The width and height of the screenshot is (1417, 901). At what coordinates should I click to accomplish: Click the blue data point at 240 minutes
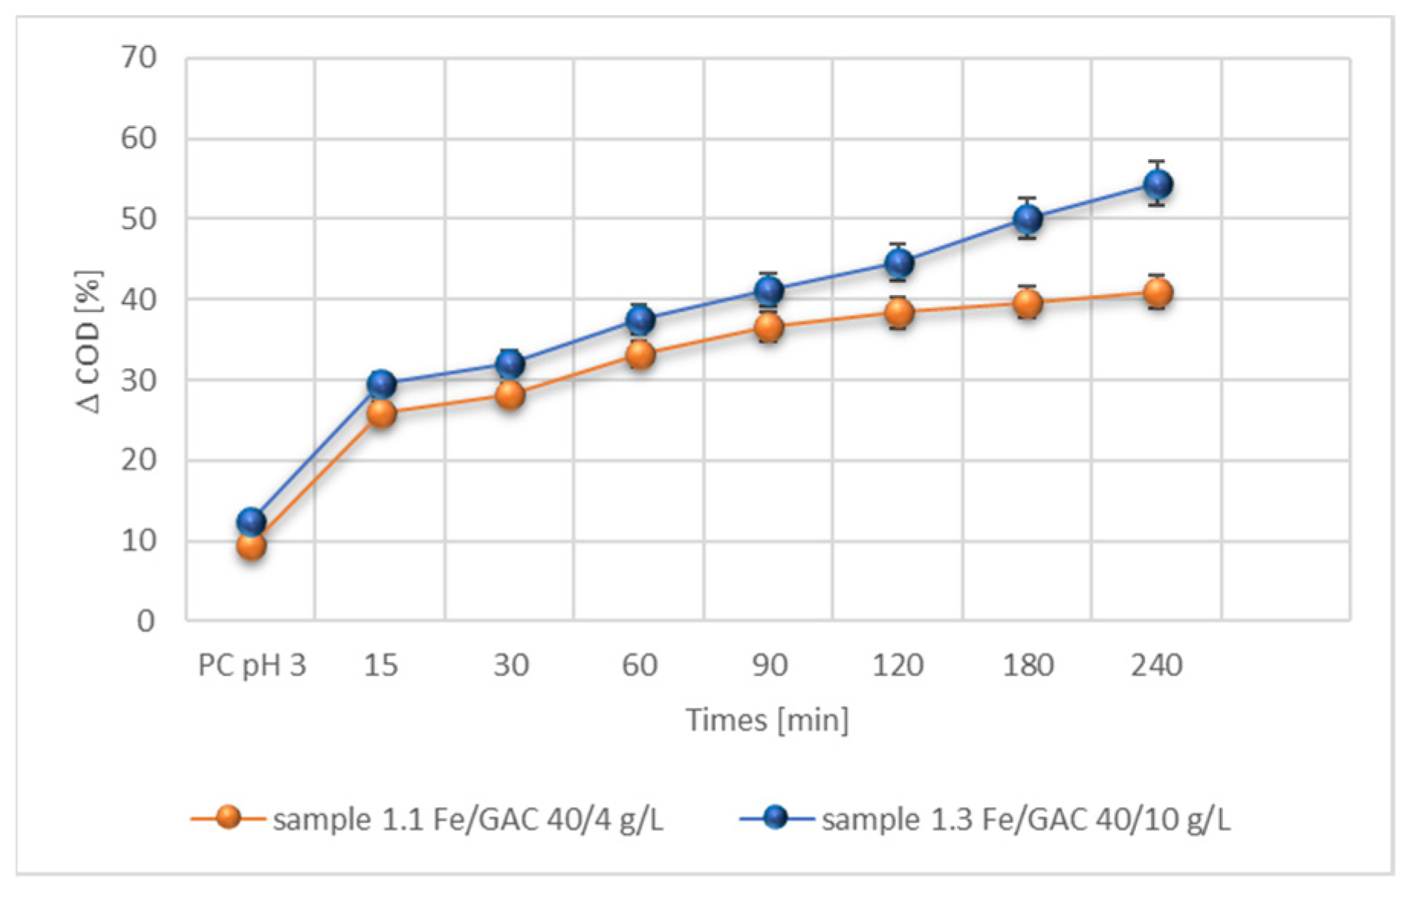[1157, 183]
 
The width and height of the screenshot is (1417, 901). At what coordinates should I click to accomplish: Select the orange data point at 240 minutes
[1157, 292]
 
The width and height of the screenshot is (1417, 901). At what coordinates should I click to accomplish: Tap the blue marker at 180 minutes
[1027, 219]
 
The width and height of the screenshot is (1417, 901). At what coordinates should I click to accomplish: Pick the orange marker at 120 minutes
[899, 312]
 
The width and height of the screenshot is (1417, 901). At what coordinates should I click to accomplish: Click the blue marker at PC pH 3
[251, 522]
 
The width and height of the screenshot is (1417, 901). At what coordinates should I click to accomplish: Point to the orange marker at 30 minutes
[510, 394]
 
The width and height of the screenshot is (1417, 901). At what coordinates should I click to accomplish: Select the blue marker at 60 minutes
[640, 319]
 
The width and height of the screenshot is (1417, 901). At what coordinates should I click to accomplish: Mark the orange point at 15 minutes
[381, 413]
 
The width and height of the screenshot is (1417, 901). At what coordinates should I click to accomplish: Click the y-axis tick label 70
[139, 57]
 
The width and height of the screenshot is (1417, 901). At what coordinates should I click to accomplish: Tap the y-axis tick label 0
[145, 621]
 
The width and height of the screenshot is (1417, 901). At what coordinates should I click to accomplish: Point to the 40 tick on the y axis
[139, 300]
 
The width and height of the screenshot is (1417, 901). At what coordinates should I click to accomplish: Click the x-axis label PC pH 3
[251, 666]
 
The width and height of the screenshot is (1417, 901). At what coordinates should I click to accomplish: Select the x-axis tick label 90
[769, 666]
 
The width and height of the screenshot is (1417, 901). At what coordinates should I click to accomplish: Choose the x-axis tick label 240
[1157, 666]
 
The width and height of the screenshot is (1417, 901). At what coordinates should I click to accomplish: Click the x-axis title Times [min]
[767, 720]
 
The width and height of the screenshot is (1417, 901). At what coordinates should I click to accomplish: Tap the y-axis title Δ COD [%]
[89, 342]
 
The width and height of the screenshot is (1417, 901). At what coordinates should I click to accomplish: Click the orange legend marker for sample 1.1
[228, 818]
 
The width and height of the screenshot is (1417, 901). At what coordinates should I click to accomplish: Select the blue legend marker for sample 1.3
[776, 818]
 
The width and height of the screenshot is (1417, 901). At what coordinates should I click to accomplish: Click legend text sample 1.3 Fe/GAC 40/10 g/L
[1026, 819]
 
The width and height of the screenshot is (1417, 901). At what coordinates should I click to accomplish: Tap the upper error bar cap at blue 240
[1157, 162]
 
